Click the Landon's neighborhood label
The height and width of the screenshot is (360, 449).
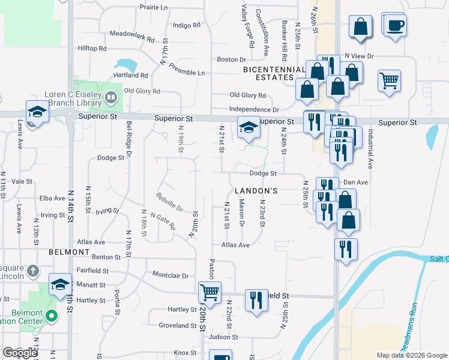tap(256, 190)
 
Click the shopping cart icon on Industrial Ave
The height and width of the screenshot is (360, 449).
tap(389, 80)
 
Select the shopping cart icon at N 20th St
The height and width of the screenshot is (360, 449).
tap(209, 293)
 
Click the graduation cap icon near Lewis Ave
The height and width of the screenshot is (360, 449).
tap(37, 112)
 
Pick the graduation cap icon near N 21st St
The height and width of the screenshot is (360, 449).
tap(248, 127)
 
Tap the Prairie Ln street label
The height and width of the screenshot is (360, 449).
tap(154, 7)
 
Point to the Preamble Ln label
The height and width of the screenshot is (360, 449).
tap(186, 73)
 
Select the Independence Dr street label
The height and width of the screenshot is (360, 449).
tap(255, 110)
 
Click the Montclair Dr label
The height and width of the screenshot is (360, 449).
tap(170, 275)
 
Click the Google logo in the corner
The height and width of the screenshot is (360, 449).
tap(20, 353)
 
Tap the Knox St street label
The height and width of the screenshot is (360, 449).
tap(181, 352)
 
